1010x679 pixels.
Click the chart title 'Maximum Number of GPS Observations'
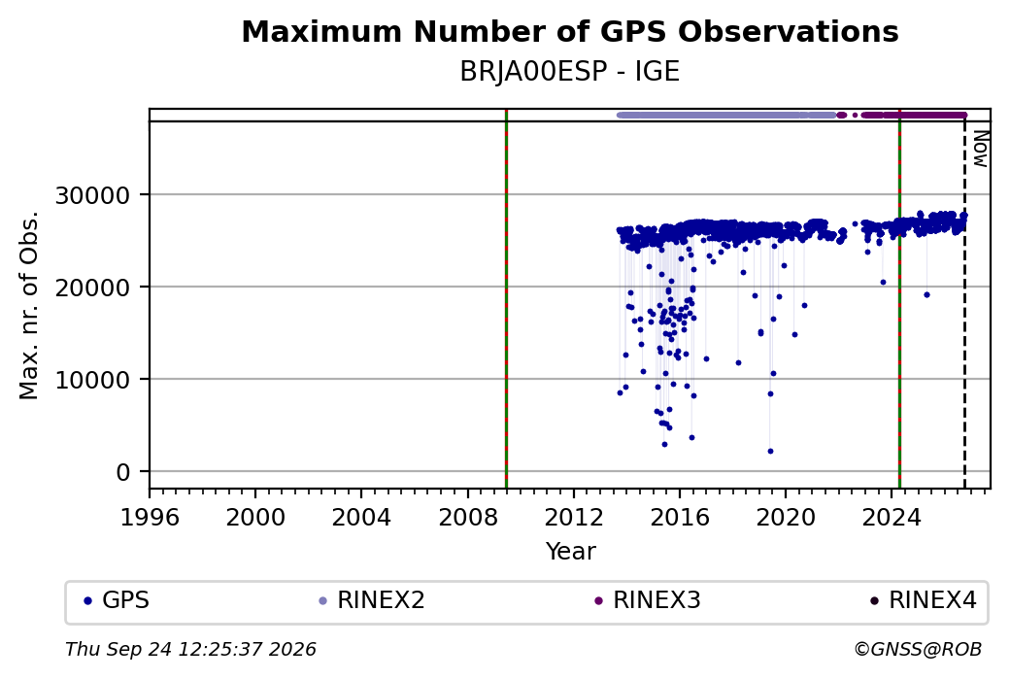[x=570, y=31]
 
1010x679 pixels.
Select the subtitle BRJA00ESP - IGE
[x=570, y=72]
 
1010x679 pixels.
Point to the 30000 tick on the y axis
[x=92, y=194]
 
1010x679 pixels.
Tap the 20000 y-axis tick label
[x=92, y=288]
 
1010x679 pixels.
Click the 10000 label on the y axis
[x=92, y=380]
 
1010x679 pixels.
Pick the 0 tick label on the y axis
[x=123, y=472]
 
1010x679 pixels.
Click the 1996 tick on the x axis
[x=150, y=518]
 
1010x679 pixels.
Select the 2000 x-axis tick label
[x=255, y=518]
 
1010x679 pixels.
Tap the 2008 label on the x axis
[x=468, y=518]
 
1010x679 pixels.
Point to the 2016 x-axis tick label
[x=680, y=518]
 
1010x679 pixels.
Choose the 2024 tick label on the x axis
[x=892, y=518]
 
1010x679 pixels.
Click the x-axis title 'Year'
[x=571, y=552]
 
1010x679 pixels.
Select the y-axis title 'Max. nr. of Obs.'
[x=29, y=305]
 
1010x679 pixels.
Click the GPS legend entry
[x=117, y=600]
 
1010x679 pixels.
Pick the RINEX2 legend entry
[x=372, y=600]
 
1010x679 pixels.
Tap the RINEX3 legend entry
[x=648, y=600]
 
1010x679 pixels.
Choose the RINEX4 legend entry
[x=923, y=600]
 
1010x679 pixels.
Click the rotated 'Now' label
[x=980, y=149]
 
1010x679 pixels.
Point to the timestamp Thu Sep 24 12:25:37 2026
[x=190, y=649]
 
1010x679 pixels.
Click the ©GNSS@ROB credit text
[x=918, y=649]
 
